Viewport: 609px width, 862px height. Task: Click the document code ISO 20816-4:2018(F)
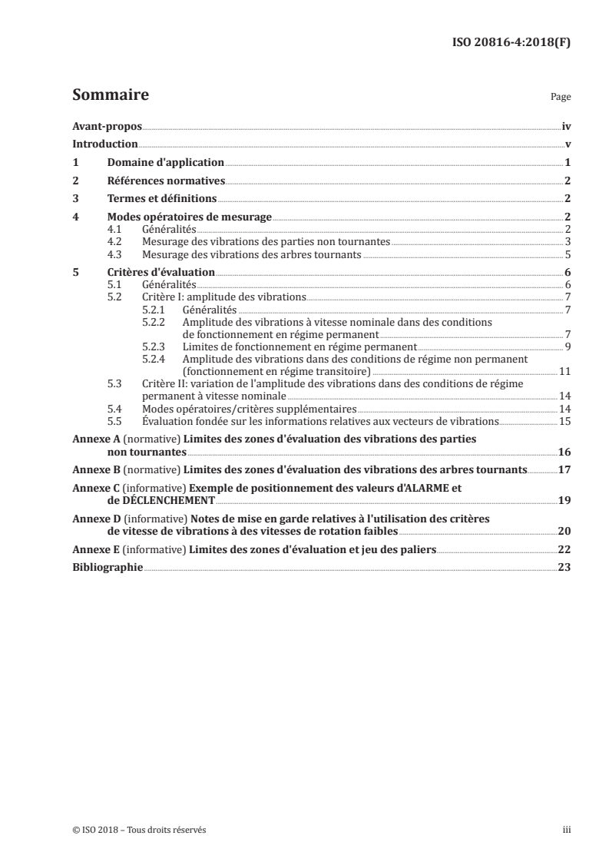pyautogui.click(x=510, y=42)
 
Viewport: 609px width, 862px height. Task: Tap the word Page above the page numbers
pyautogui.click(x=561, y=98)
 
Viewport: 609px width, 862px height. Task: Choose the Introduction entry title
pyautogui.click(x=104, y=144)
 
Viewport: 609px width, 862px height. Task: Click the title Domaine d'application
pyautogui.click(x=165, y=163)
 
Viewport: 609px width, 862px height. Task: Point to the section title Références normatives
pyautogui.click(x=166, y=181)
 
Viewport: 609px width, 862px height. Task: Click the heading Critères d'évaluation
pyautogui.click(x=161, y=272)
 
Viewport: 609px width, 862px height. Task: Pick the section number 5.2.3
pyautogui.click(x=154, y=346)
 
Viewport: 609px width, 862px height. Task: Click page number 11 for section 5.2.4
pyautogui.click(x=564, y=371)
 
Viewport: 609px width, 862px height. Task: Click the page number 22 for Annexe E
pyautogui.click(x=564, y=549)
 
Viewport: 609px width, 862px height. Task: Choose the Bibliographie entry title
pyautogui.click(x=107, y=568)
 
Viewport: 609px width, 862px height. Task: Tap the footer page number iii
pyautogui.click(x=566, y=830)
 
